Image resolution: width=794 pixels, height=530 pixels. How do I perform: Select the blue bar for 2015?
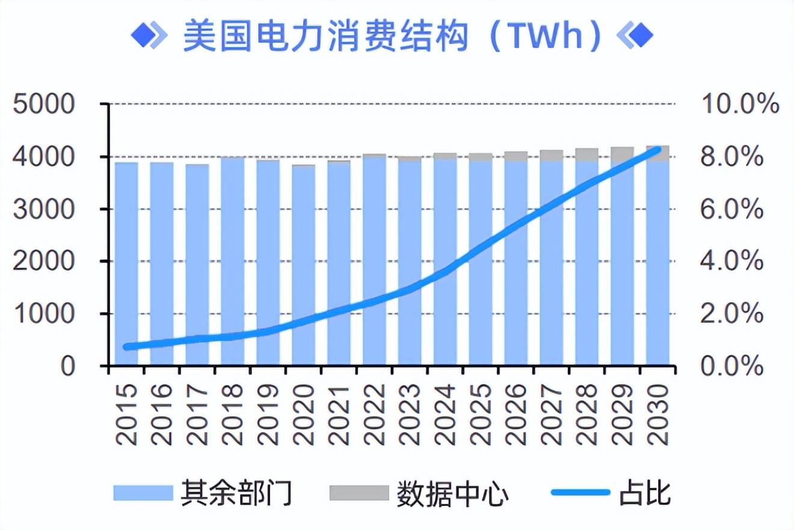click(126, 264)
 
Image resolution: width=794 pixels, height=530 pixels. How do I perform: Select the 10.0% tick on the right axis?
click(740, 105)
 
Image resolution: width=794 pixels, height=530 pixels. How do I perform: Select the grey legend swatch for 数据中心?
click(359, 493)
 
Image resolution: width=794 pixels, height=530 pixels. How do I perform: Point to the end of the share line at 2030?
click(657, 149)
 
